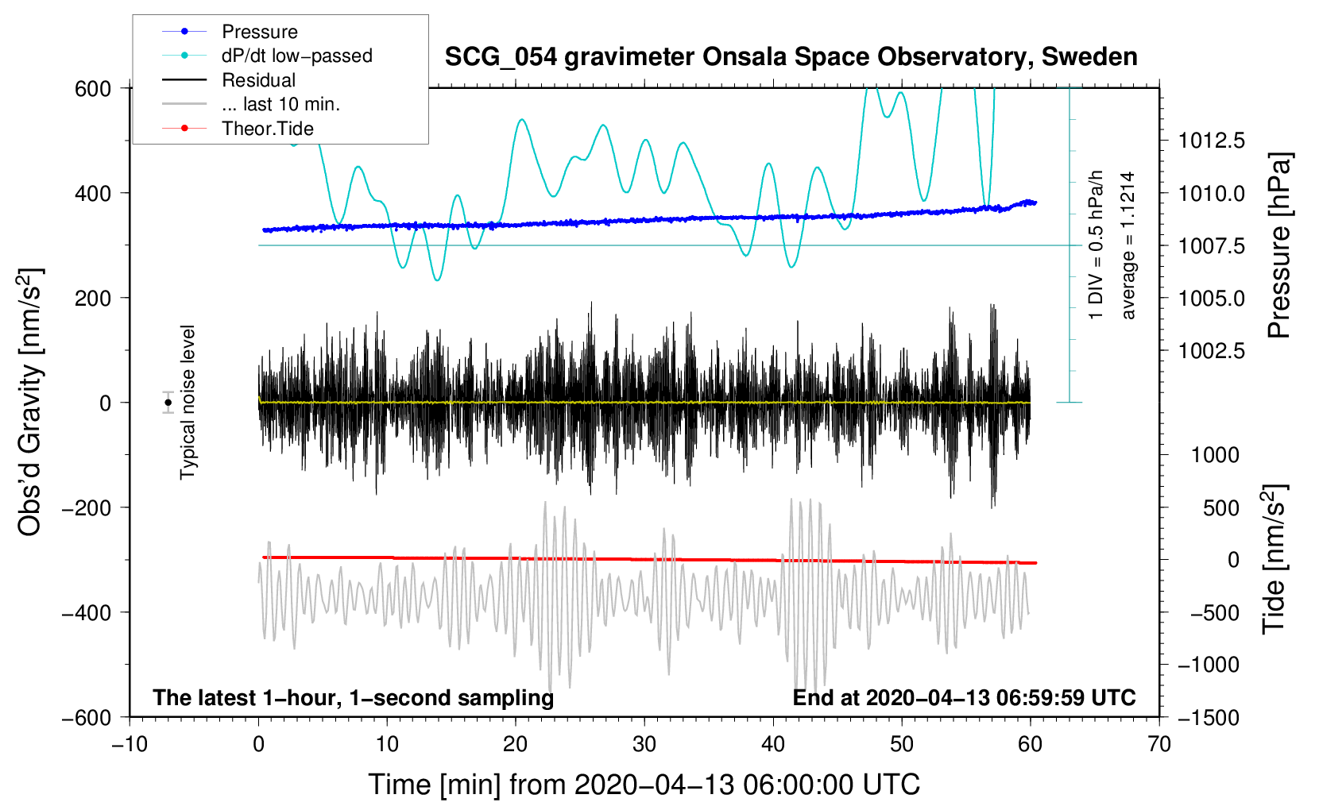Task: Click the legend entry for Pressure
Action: pos(260,32)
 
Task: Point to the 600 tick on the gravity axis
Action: pos(93,89)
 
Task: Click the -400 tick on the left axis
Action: pos(87,613)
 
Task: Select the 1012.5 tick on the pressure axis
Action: pos(1212,141)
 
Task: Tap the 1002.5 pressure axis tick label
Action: pos(1212,351)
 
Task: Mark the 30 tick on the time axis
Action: pos(644,745)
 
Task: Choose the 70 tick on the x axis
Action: pos(1158,745)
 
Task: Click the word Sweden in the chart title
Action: pos(1089,57)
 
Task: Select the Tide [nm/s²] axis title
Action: pos(1275,559)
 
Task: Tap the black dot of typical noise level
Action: pos(168,403)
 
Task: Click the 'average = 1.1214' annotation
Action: pos(1128,245)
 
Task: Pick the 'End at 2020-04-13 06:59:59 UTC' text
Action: pos(964,697)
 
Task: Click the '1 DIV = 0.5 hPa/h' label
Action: pos(1095,245)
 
